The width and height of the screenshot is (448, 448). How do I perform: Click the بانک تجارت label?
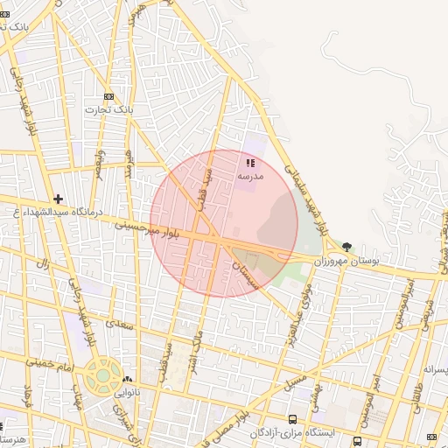(x=108, y=109)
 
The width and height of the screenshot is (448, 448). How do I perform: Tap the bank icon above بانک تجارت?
(x=108, y=96)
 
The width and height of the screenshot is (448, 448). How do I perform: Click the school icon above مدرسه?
(x=250, y=162)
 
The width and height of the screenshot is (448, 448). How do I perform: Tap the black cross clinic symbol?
(x=58, y=199)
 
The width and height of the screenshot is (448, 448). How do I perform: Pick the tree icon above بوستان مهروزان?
(x=347, y=248)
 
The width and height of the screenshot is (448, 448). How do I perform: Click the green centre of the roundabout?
(x=103, y=376)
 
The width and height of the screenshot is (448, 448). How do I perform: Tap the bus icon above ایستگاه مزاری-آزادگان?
(x=292, y=419)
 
